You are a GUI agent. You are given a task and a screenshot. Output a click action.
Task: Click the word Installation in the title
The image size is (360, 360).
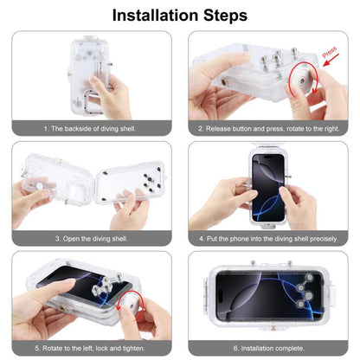[152, 15]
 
